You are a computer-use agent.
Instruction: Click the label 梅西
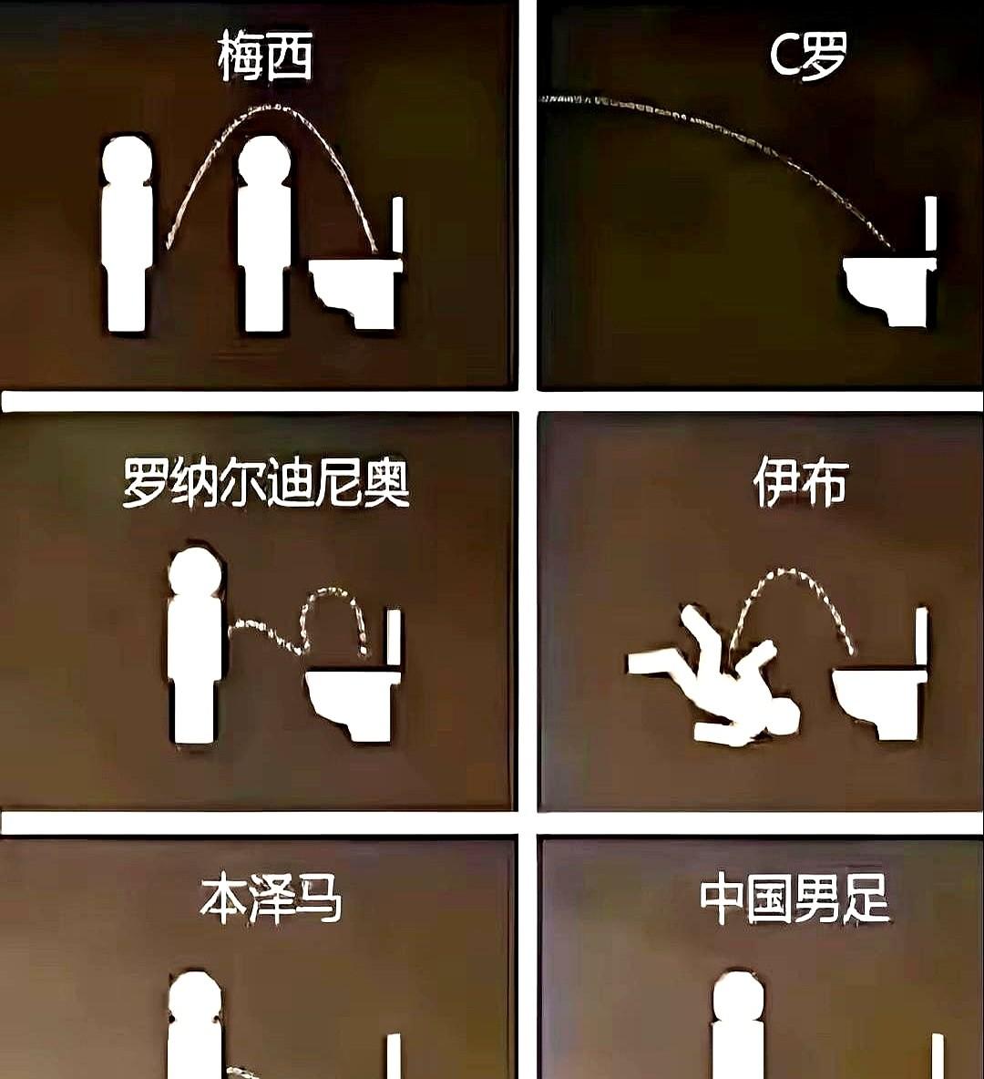click(265, 57)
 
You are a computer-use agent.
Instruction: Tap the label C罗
click(807, 56)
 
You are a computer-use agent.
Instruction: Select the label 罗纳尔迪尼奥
click(265, 482)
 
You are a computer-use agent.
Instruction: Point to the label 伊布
click(801, 482)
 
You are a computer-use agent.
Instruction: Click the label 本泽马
click(271, 899)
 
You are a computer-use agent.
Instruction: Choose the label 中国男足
click(794, 899)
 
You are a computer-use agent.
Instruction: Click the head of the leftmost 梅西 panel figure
click(127, 162)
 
